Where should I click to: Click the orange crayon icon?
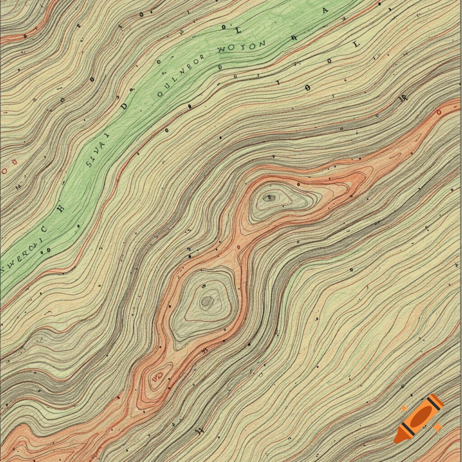(419, 418)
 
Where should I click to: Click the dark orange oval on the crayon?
(421, 415)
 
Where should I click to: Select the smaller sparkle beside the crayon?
(404, 408)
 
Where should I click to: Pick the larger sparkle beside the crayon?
(437, 426)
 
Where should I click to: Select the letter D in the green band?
(125, 106)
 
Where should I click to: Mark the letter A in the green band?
(325, 12)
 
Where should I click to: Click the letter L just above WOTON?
(238, 30)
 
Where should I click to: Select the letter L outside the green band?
(356, 44)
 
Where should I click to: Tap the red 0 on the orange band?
(439, 112)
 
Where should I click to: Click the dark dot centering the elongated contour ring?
(270, 197)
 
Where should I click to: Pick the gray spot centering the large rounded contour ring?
(207, 301)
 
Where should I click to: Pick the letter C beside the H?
(44, 229)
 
